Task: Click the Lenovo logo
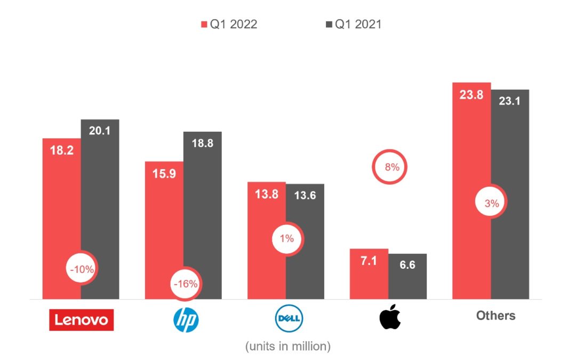pos(81,319)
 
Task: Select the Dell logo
pos(287,319)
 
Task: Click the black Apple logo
pos(389,317)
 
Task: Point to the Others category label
pos(495,316)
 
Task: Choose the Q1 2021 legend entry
pos(353,25)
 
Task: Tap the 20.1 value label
pos(100,131)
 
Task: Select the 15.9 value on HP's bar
pos(164,173)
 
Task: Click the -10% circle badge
pos(81,269)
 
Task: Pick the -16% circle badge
pos(185,284)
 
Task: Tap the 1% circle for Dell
pos(287,238)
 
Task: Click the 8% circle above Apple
pos(391,167)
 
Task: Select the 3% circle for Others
pos(491,203)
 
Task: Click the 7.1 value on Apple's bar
pos(369,261)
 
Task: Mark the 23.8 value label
pos(471,95)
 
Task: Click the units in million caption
pos(287,347)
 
